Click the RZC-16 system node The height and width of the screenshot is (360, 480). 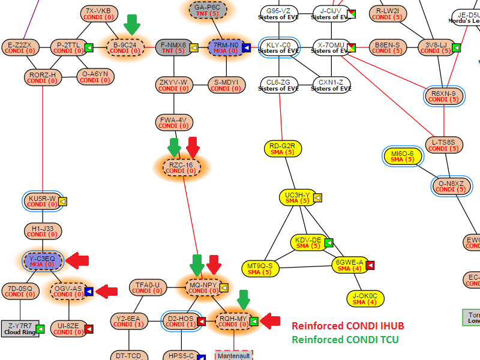click(x=181, y=167)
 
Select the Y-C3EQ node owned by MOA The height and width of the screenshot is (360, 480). click(x=42, y=260)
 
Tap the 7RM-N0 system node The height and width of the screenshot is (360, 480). click(x=226, y=47)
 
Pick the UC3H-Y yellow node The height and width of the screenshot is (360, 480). click(x=297, y=197)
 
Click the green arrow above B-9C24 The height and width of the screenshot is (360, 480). click(x=132, y=25)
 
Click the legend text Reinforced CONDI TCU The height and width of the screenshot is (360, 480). click(x=344, y=340)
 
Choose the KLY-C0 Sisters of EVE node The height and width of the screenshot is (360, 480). click(x=278, y=47)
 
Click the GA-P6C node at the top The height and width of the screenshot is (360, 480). click(x=207, y=10)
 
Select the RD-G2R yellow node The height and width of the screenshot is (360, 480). click(x=282, y=149)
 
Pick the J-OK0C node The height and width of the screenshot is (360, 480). click(x=365, y=298)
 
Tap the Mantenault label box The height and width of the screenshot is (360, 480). click(x=234, y=356)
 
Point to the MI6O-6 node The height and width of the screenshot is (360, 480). click(x=402, y=156)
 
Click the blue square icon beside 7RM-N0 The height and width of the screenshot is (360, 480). click(x=247, y=47)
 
